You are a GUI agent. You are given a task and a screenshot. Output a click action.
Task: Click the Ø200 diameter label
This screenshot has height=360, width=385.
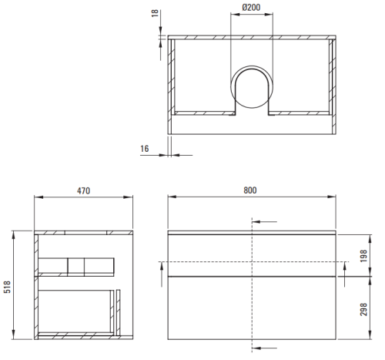pos(251,7)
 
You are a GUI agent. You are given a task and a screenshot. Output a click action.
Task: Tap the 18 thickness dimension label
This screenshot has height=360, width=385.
pos(155,13)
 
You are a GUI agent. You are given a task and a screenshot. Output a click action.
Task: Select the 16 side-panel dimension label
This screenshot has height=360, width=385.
pos(145,149)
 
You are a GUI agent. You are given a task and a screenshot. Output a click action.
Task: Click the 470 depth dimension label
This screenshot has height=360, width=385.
pos(84,190)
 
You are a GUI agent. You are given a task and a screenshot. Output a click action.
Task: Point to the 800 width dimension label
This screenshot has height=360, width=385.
pos(250,190)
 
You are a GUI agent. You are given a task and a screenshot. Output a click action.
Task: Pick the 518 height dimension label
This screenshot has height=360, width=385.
pos(7,287)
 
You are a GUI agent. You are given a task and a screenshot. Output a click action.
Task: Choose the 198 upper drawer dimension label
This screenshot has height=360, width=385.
pos(363,256)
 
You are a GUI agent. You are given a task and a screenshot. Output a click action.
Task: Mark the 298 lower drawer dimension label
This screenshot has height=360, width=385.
pos(363,309)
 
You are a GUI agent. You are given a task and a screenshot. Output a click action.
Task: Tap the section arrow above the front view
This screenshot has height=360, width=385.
pos(265,221)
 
